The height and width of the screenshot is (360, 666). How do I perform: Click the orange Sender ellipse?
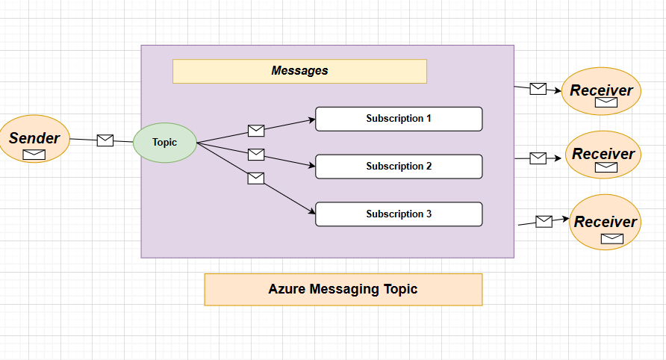tap(34, 139)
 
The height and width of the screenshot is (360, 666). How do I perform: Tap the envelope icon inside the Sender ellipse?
tap(34, 155)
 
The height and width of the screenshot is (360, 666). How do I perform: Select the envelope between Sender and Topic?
tap(105, 140)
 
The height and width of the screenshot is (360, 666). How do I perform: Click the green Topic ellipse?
tap(165, 142)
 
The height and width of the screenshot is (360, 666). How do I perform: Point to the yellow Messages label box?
tap(299, 71)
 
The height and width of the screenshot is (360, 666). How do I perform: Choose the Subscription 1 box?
tap(399, 119)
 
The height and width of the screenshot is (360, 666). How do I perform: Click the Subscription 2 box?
tap(399, 167)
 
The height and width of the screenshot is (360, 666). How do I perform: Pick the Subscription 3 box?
tap(399, 214)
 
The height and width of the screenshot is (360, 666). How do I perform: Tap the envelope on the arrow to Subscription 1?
tap(256, 131)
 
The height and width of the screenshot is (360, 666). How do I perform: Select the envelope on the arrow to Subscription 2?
tap(256, 155)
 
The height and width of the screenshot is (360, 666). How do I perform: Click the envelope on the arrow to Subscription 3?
tap(255, 178)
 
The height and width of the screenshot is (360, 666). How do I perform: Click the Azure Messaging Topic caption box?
tap(343, 289)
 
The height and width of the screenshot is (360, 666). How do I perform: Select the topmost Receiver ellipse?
tap(601, 91)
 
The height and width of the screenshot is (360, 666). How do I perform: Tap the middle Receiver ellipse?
tap(603, 155)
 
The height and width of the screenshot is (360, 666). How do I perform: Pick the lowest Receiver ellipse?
tap(605, 223)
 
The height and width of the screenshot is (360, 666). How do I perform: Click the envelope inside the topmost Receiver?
tap(606, 102)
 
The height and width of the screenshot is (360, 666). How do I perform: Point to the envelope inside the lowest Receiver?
tap(612, 238)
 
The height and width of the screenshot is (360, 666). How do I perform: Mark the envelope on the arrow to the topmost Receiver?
tap(538, 89)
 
